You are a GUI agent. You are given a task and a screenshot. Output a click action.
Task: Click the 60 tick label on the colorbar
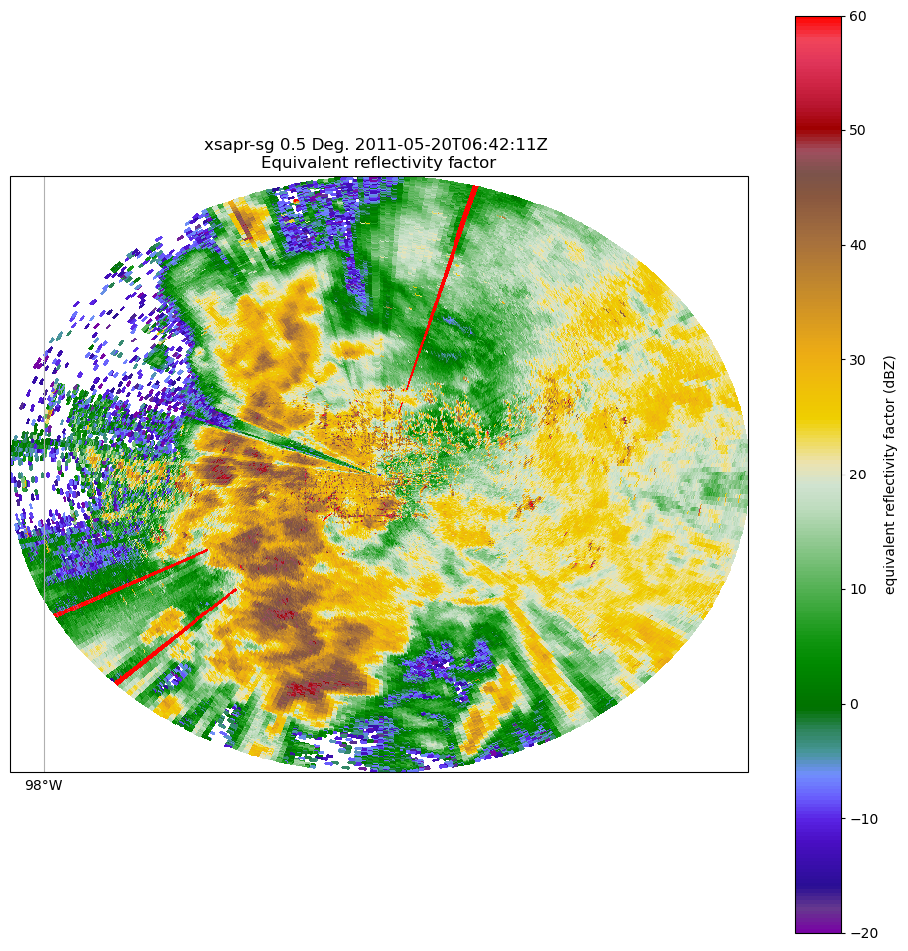click(858, 16)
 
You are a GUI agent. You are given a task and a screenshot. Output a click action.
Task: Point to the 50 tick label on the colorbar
click(858, 130)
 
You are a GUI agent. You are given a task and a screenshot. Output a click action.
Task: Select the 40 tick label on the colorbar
click(858, 245)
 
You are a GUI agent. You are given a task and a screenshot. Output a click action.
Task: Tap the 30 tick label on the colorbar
click(858, 360)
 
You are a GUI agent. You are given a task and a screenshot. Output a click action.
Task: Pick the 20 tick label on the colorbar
click(858, 475)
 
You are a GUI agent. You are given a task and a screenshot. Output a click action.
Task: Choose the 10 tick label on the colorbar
click(858, 590)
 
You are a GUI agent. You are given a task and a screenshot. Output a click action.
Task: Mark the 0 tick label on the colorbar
click(854, 704)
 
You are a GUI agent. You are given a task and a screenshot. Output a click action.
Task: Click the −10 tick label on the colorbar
click(862, 819)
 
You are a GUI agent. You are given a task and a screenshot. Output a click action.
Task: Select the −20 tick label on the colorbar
click(862, 933)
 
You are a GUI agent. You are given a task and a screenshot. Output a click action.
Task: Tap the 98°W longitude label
click(44, 786)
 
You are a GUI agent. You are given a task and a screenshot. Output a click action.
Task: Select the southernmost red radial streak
click(177, 636)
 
